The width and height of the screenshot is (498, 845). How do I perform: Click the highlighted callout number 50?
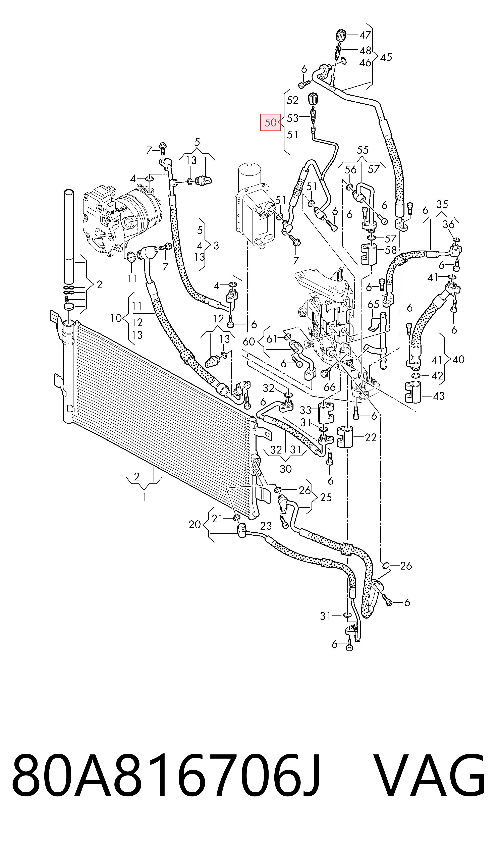coord(270,122)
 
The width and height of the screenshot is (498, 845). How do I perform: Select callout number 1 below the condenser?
coord(144,497)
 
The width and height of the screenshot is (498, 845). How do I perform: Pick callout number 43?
coord(439,396)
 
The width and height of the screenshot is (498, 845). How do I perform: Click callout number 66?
coord(330,387)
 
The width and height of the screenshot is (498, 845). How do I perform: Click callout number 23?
coord(266,526)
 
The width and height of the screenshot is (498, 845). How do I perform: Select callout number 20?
coord(195,524)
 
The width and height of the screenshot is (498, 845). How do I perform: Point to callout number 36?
coord(449,224)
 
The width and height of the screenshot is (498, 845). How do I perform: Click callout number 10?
coord(116,318)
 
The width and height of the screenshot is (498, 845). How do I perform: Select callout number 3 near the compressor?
coord(216,246)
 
